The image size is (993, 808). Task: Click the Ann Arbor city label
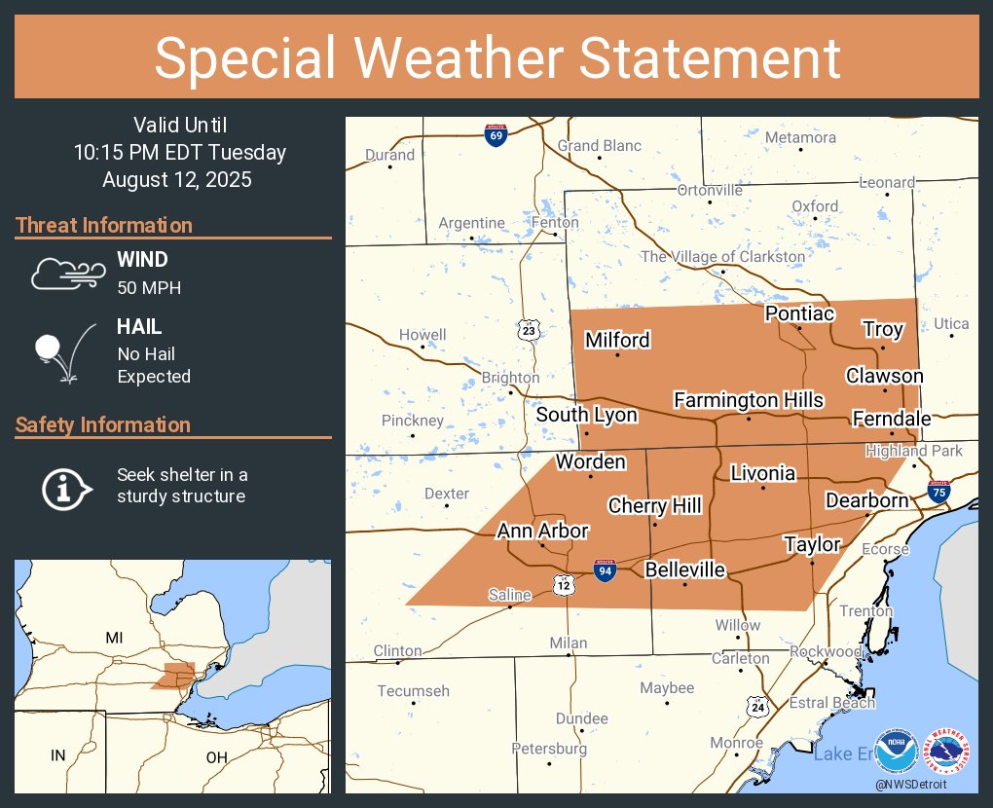pos(542,531)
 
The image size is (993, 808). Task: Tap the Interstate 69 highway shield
pos(496,135)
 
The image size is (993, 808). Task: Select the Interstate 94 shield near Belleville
pos(604,571)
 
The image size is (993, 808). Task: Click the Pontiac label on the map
pos(799,313)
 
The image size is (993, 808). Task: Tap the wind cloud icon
pos(66,274)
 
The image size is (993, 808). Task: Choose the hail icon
pos(64,351)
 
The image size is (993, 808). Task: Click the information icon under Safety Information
pos(64,487)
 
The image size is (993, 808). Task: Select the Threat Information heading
pos(104,226)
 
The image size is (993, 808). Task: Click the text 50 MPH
pos(149,287)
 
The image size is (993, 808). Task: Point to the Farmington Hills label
pos(748,400)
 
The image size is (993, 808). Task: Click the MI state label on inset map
pos(115,638)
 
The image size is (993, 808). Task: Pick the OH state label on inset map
pos(216,756)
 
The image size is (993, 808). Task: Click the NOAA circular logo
pos(897,751)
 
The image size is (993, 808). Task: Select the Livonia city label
pos(763,473)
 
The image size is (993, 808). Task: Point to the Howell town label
pos(423,335)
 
